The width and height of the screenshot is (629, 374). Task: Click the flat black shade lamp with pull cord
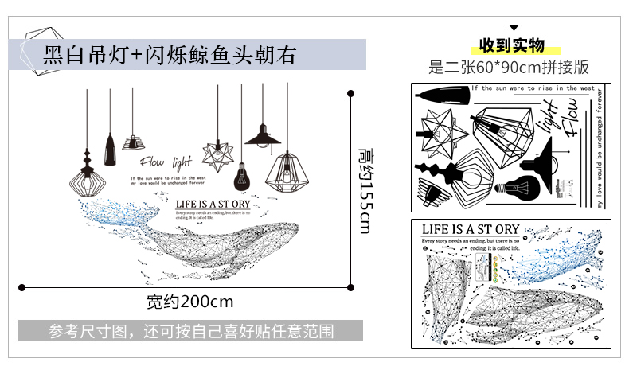261,137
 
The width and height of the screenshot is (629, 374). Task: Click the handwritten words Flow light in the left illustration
165,162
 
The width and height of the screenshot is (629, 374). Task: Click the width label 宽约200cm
189,302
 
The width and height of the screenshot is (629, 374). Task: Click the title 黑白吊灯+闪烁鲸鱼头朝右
170,55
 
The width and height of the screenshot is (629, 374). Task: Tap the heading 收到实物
512,45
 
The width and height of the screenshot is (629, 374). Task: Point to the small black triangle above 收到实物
514,27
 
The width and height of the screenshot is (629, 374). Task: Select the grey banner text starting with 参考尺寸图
190,330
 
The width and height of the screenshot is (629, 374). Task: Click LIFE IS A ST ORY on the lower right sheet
469,229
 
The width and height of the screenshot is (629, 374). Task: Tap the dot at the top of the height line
351,93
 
